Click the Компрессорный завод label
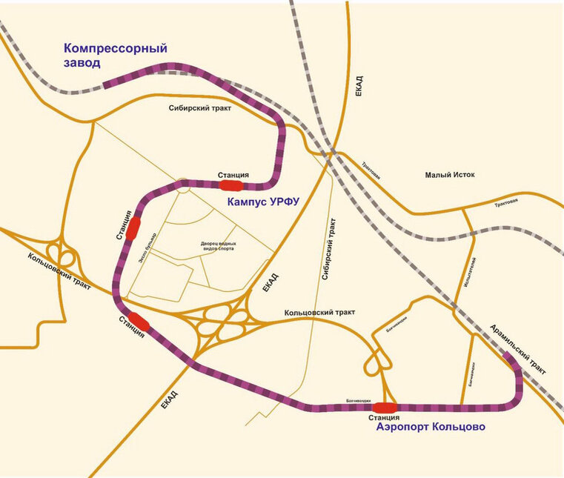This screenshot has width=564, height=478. (115, 56)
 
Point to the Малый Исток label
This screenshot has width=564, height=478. (449, 175)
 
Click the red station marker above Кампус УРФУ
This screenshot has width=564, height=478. (230, 185)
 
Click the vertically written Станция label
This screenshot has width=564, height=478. (122, 225)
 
